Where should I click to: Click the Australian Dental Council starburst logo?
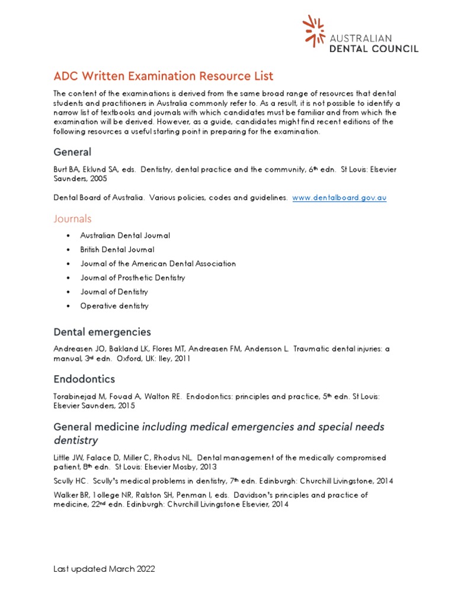click(x=313, y=31)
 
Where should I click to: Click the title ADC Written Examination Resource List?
click(x=164, y=76)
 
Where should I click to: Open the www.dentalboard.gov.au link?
click(x=339, y=198)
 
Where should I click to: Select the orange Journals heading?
click(x=72, y=219)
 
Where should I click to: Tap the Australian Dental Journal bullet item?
click(x=125, y=236)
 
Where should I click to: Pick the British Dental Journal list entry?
click(x=117, y=250)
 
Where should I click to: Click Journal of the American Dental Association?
click(x=158, y=264)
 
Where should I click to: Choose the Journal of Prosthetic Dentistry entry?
click(x=133, y=278)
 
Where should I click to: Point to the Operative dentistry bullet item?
click(x=114, y=306)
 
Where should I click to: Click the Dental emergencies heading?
click(x=102, y=332)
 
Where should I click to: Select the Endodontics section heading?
click(x=84, y=379)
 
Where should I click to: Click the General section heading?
click(x=72, y=152)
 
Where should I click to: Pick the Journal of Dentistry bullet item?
click(x=114, y=292)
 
